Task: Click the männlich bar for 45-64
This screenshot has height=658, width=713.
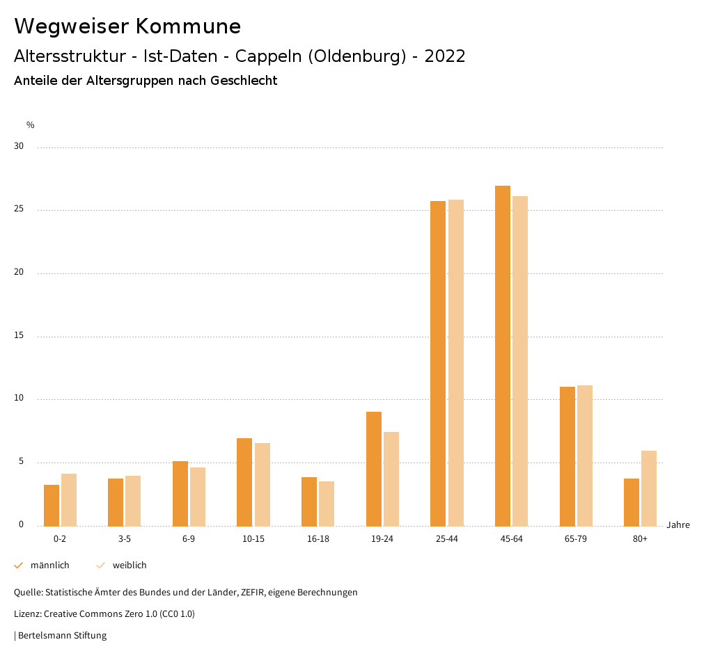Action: [x=502, y=355]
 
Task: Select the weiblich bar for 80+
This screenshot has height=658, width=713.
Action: [x=649, y=488]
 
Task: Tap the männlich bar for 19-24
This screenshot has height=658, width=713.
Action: [x=374, y=469]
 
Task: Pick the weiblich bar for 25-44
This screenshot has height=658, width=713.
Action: [x=456, y=362]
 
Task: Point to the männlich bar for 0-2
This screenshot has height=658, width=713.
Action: [x=52, y=505]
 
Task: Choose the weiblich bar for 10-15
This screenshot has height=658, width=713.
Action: [x=263, y=484]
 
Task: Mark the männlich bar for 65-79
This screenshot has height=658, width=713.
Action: [x=567, y=456]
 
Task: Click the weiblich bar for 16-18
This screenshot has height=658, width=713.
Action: [x=327, y=504]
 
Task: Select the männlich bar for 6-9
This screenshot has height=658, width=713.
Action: [x=180, y=493]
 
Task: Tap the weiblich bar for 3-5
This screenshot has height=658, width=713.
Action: [x=133, y=501]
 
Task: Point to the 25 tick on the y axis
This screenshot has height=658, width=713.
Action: [x=19, y=209]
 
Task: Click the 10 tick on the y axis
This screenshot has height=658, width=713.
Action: [x=19, y=399]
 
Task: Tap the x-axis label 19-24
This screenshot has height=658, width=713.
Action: [x=382, y=539]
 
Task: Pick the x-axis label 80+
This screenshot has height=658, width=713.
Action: [x=641, y=539]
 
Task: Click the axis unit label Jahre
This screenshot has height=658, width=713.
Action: [x=678, y=525]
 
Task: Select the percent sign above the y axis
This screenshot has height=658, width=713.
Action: [x=31, y=125]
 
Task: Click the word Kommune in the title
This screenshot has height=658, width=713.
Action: [x=188, y=26]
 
